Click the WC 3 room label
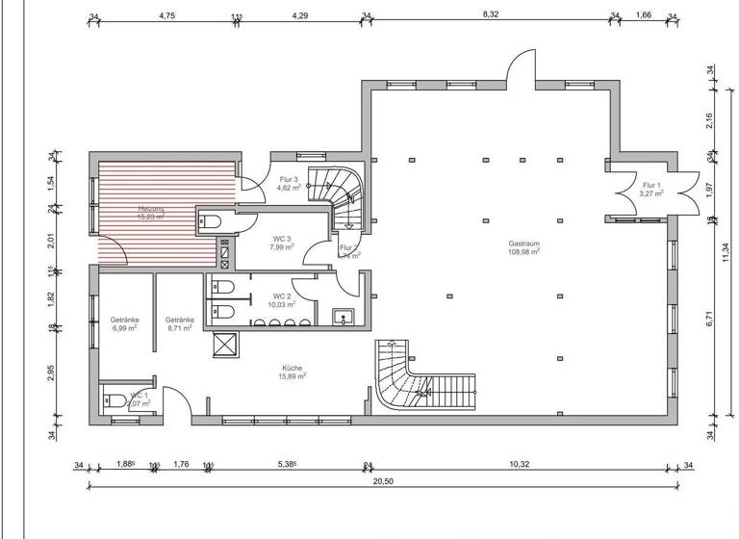(x=282, y=242)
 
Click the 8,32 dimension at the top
(x=491, y=14)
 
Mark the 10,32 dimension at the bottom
(x=519, y=465)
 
